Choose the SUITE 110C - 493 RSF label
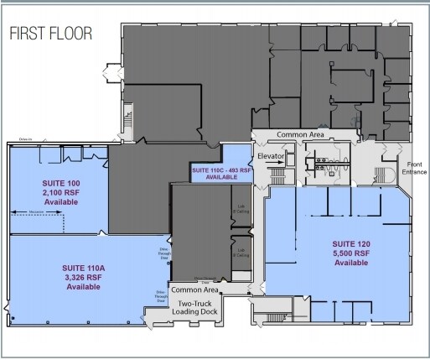click(x=221, y=170)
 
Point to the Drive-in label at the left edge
click(x=25, y=141)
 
